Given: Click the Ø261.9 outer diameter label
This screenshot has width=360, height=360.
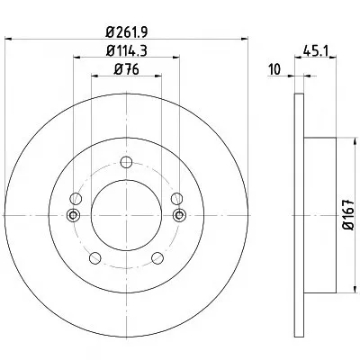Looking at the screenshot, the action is click(127, 31).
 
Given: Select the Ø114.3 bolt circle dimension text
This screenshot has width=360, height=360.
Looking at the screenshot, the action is click(127, 51).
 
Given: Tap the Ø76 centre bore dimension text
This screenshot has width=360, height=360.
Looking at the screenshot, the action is click(127, 70).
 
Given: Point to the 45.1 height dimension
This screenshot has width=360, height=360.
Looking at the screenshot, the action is click(316, 51).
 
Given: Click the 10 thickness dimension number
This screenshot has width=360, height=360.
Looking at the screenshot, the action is click(274, 70).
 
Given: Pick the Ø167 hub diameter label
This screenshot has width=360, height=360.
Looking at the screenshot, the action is click(349, 215).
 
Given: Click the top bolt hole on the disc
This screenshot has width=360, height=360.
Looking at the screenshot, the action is click(126, 162).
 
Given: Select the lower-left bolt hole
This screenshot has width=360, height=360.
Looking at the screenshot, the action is click(95, 258).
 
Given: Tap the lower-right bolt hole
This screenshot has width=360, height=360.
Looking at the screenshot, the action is click(157, 258).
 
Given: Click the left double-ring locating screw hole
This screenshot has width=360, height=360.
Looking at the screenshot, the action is click(73, 215).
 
